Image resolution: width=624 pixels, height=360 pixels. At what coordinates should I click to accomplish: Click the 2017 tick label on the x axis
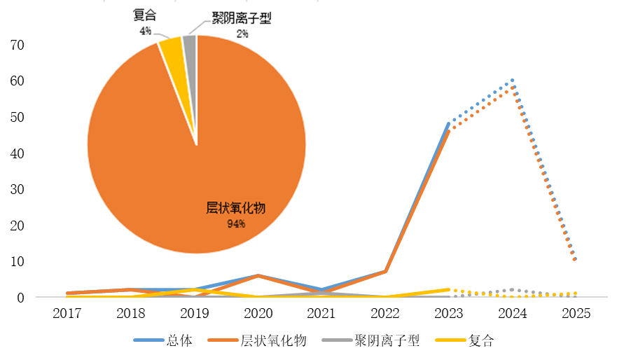(67, 313)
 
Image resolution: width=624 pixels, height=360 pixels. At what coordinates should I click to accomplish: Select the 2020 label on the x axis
(258, 313)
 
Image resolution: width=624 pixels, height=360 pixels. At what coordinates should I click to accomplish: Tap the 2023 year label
(449, 313)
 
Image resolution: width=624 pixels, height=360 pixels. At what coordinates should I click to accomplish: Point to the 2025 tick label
(576, 313)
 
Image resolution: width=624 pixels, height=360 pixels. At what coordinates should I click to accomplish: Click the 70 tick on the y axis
(17, 46)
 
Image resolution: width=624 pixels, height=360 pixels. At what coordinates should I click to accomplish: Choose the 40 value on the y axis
(17, 153)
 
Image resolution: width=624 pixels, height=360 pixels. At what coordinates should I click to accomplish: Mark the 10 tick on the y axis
(17, 261)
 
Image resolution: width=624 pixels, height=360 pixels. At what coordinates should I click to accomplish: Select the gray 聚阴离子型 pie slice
(190, 44)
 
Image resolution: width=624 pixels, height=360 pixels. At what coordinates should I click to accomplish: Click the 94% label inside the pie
(235, 224)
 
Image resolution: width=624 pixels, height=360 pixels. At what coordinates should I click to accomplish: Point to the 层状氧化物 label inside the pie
(236, 209)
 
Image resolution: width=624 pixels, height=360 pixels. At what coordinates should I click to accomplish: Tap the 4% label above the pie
(144, 31)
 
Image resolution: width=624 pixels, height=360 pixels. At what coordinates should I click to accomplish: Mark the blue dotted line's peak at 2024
(513, 81)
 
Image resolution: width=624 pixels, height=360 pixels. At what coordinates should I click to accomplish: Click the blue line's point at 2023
(449, 124)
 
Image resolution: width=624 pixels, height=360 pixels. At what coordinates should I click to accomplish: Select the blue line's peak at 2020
(258, 275)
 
